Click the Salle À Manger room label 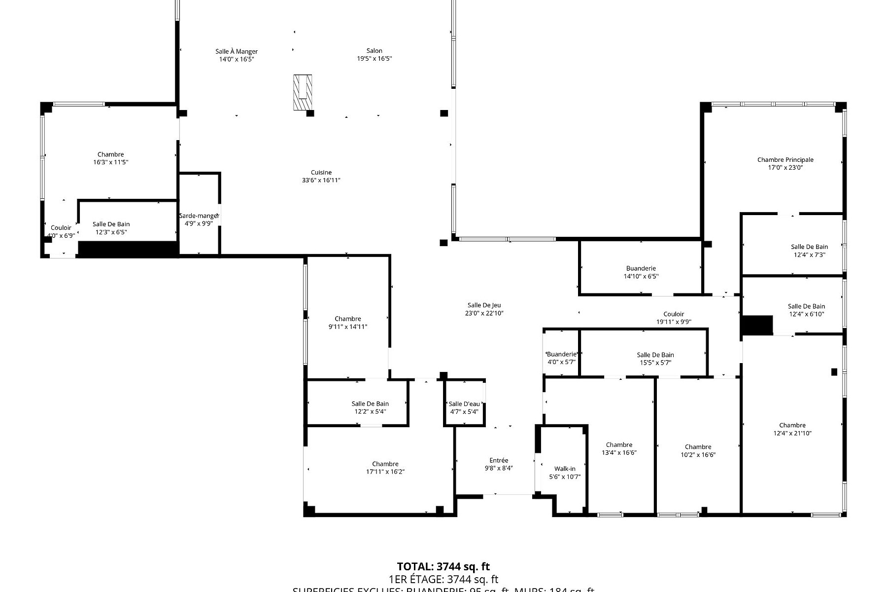pyautogui.click(x=237, y=51)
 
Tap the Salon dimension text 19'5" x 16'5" pyautogui.click(x=374, y=59)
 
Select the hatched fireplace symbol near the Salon pyautogui.click(x=303, y=92)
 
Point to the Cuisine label pyautogui.click(x=321, y=173)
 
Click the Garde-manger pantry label pyautogui.click(x=199, y=216)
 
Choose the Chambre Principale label pyautogui.click(x=785, y=160)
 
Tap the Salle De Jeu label pyautogui.click(x=484, y=305)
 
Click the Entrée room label pyautogui.click(x=499, y=460)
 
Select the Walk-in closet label pyautogui.click(x=565, y=469)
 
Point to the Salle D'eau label pyautogui.click(x=464, y=404)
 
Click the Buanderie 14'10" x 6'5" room pyautogui.click(x=641, y=272)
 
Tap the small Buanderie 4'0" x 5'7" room pyautogui.click(x=561, y=358)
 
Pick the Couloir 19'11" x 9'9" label pyautogui.click(x=674, y=314)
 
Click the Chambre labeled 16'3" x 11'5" pyautogui.click(x=110, y=158)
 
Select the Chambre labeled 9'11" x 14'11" pyautogui.click(x=348, y=323)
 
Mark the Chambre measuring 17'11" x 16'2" pyautogui.click(x=385, y=468)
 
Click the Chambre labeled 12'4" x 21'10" pyautogui.click(x=792, y=429)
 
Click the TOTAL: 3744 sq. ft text pyautogui.click(x=443, y=567)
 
